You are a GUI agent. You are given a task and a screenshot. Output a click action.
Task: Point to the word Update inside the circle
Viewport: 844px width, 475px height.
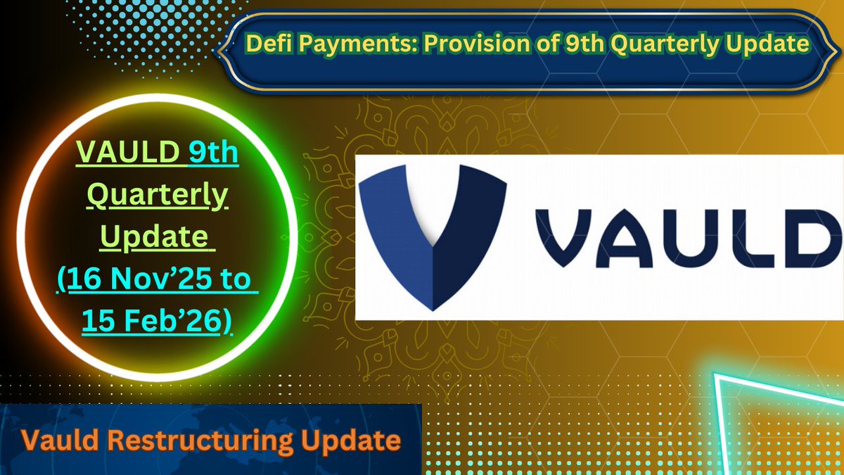pos(155,238)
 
